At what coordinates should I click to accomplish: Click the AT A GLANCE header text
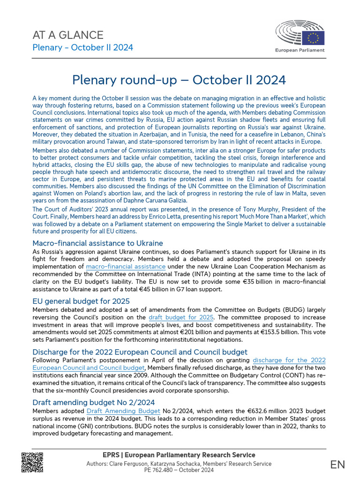67,35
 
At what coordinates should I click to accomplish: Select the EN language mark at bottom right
337,465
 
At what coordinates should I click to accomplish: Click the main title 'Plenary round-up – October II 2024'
179,80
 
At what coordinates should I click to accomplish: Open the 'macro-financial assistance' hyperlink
126,267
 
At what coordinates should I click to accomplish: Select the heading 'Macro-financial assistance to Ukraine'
97,243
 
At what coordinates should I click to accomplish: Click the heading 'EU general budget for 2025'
81,301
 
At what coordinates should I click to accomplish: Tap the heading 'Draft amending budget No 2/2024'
93,402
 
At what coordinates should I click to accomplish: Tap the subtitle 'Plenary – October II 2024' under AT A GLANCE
82,47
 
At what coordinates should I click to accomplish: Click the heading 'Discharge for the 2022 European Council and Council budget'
140,352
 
